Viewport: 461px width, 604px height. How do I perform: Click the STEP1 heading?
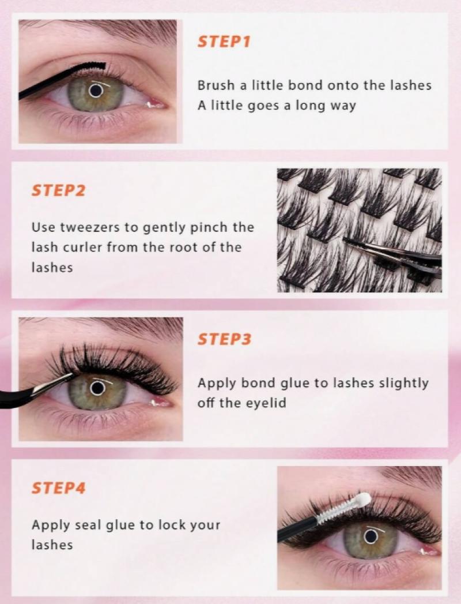pyautogui.click(x=224, y=42)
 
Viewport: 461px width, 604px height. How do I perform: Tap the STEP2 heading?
pyautogui.click(x=58, y=190)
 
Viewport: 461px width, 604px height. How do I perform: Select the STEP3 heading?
pyautogui.click(x=224, y=339)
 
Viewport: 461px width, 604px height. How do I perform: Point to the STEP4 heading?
pyautogui.click(x=58, y=487)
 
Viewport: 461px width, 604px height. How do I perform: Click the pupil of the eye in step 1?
pyautogui.click(x=96, y=91)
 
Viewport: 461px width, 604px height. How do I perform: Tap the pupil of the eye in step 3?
pyautogui.click(x=98, y=388)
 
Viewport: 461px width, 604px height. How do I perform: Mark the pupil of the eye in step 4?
pyautogui.click(x=371, y=536)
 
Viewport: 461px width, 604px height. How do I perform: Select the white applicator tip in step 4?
pyautogui.click(x=363, y=499)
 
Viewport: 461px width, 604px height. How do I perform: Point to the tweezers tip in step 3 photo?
pyautogui.click(x=73, y=374)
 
